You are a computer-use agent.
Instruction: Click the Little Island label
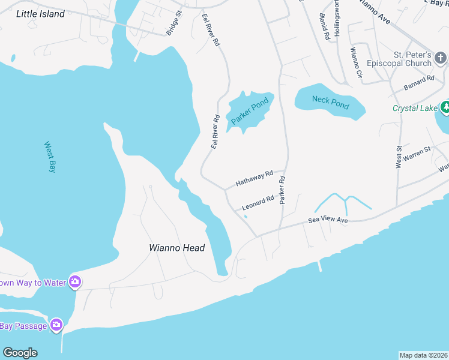40,14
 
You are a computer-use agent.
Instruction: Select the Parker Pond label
250,112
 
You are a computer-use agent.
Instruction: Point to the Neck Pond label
330,102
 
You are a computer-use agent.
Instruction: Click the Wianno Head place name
177,248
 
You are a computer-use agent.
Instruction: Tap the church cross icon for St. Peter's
441,58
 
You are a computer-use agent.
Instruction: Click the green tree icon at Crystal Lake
445,108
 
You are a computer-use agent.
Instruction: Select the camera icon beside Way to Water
75,281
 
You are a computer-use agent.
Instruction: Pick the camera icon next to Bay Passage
56,325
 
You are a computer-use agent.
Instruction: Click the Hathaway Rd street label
254,177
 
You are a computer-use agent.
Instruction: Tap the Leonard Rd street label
258,203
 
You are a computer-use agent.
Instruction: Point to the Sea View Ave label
328,220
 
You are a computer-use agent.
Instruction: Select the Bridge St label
173,23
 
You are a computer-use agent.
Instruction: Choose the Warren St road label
417,153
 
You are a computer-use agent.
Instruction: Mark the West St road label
398,155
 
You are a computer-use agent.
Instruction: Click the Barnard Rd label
419,83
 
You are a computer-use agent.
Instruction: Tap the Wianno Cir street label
356,62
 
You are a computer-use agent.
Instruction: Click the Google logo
20,353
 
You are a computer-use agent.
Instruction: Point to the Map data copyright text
423,355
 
